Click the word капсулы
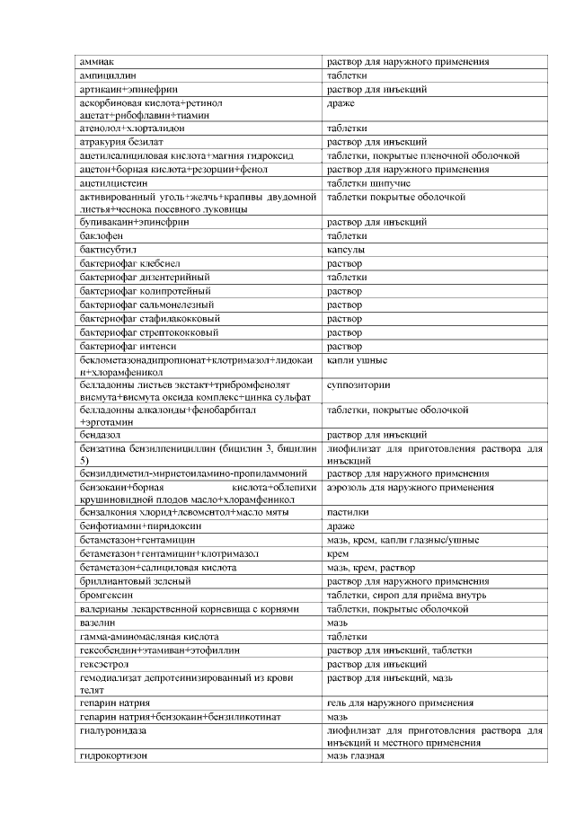click(x=346, y=249)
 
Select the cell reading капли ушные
click(x=358, y=359)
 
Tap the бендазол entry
click(x=102, y=434)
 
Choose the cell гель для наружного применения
click(x=400, y=703)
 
